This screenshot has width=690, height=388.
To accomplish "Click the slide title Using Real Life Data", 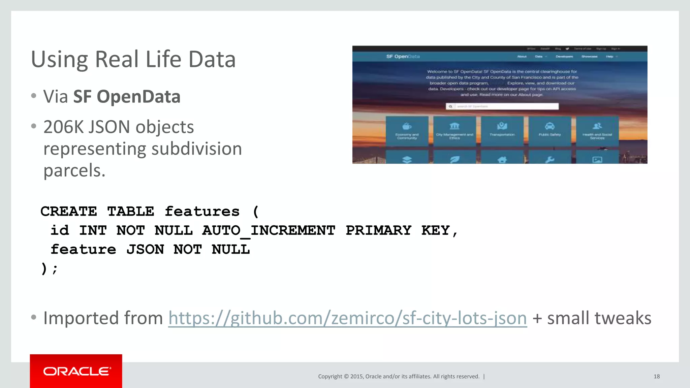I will tap(133, 59).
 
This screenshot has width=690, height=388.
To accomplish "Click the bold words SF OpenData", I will tap(127, 97).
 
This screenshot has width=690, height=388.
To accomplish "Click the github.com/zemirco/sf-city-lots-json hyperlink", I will tap(347, 318).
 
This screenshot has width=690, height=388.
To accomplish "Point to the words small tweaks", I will tap(599, 318).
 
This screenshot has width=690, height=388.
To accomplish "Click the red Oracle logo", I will tap(76, 371).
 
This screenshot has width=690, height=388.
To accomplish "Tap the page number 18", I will tap(656, 377).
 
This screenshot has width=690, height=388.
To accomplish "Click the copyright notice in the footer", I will tap(399, 377).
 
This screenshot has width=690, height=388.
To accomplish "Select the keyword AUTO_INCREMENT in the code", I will tap(269, 231).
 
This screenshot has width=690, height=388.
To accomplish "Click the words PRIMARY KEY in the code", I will tap(397, 231).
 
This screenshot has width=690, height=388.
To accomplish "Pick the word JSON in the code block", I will tap(145, 250).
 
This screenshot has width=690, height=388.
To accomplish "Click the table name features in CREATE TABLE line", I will tap(202, 212).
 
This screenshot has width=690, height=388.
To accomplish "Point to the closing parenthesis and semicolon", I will tap(49, 269).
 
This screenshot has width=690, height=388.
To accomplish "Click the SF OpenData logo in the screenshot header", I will tap(403, 57).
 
